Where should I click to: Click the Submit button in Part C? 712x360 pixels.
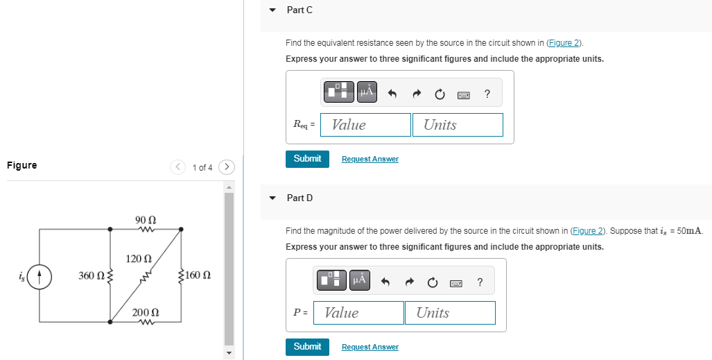coord(307,159)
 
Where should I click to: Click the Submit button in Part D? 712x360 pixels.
coord(307,347)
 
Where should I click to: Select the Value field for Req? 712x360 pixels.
coord(365,125)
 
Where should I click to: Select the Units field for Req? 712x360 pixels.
coord(458,125)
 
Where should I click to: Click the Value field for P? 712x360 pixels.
coord(358,313)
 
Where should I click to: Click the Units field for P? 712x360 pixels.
coord(450,313)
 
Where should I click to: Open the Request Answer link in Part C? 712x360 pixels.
coord(370,160)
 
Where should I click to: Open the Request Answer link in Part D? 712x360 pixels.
coord(370,348)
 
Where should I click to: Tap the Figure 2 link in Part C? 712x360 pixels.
coord(564,43)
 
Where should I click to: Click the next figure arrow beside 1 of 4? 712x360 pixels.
coord(227,167)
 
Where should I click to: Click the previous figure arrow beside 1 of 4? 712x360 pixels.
coord(178,167)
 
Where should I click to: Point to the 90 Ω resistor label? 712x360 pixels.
coord(146,220)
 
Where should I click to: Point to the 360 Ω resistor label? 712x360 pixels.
coord(90,276)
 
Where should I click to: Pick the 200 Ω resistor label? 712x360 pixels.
coord(146,313)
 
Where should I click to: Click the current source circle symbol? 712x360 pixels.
coord(40,275)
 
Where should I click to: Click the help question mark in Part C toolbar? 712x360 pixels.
coord(487,94)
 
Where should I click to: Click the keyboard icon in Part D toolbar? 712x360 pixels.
coord(455,282)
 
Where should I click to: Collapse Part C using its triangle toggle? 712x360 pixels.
coord(272,10)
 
